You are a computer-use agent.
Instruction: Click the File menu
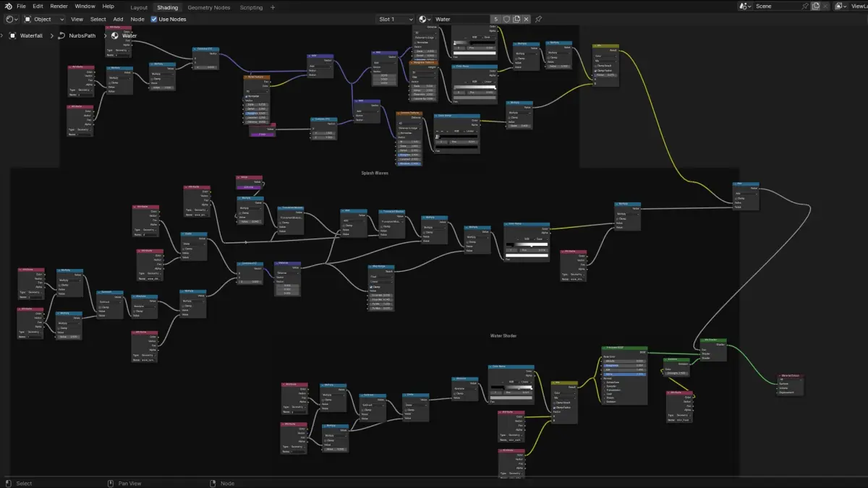[21, 6]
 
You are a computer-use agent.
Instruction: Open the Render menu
[59, 6]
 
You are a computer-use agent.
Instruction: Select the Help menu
[108, 6]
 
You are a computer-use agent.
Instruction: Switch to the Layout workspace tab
[139, 7]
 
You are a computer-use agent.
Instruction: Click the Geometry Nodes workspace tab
[208, 7]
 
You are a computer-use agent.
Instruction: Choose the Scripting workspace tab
[251, 7]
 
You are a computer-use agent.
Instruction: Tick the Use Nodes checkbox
[154, 19]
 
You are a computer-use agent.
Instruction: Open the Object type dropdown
[44, 19]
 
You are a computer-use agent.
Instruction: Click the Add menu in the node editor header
[118, 19]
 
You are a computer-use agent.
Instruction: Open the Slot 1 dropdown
[395, 19]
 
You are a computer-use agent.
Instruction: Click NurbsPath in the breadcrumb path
[82, 35]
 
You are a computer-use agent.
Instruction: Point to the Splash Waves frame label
[375, 174]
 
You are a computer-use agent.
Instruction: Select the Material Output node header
[791, 376]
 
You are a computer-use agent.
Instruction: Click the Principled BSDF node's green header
[624, 348]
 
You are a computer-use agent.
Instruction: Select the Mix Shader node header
[713, 339]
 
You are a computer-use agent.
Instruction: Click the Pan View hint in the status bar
[129, 484]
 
